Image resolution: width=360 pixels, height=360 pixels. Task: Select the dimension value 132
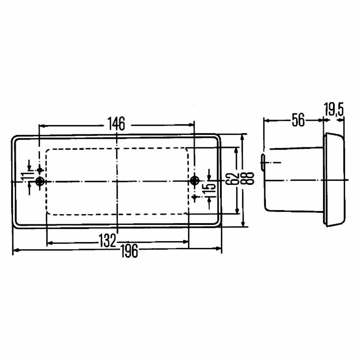point(108,240)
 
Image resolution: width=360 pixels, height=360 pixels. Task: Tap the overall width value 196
point(129,251)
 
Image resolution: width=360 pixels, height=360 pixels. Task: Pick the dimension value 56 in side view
point(298,120)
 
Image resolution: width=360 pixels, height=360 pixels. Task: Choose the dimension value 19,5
point(334,110)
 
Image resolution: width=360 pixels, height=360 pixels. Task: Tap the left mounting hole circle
point(40,181)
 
